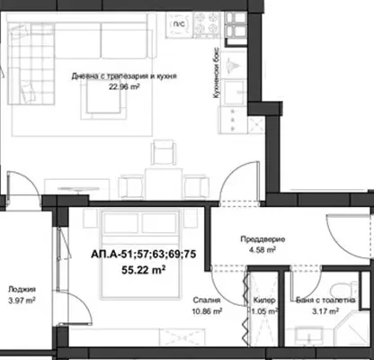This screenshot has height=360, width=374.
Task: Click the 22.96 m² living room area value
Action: pos(125,86)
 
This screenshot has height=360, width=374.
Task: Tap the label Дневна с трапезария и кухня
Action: pos(124,76)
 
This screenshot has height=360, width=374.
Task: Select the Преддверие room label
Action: pos(263,239)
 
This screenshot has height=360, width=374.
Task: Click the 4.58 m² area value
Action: pos(263,249)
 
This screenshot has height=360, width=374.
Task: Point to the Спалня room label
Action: pos(207,300)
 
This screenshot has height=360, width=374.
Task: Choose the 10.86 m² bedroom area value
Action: pos(207,311)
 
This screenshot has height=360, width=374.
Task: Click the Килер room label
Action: pos(264,300)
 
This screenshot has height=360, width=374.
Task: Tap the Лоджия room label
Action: pos(22,289)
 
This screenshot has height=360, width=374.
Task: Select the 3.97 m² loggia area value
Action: pos(22,300)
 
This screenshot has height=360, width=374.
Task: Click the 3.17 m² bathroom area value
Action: pos(325,311)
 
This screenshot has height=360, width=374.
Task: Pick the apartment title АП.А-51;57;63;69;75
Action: pos(144,255)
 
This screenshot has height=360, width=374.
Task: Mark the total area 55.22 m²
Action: pos(144,270)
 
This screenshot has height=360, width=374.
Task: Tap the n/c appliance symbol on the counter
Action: pos(179,24)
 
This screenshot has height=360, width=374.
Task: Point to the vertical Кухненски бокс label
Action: pos(217,73)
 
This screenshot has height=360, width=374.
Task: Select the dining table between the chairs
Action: pos(164,184)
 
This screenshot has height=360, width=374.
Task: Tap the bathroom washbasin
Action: pos(309,336)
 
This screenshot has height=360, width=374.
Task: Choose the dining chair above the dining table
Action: pos(163,152)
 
